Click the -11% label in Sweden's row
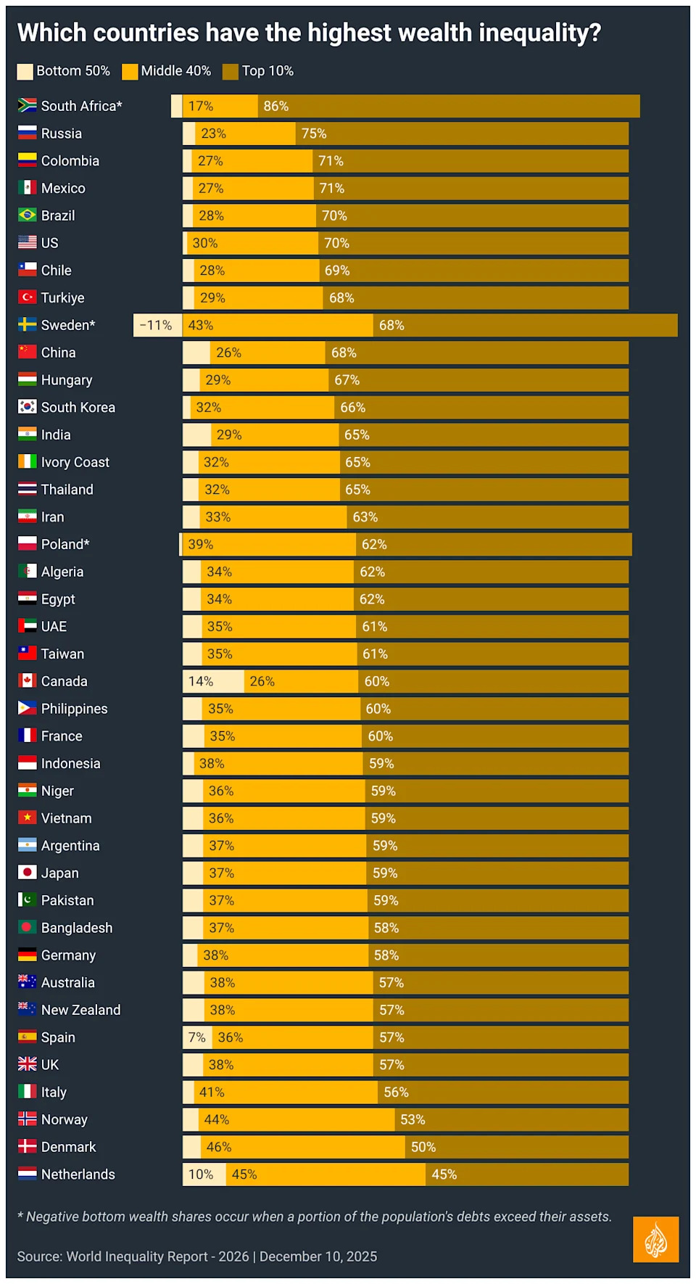pos(156,326)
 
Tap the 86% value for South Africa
pos(275,107)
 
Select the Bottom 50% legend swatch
pos(25,71)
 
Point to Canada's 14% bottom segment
pos(201,682)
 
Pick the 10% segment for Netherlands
pos(201,1174)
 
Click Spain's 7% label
pos(196,1038)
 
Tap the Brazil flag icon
pos(28,215)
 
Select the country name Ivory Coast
pos(75,463)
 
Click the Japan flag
pos(28,873)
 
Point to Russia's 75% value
pos(314,134)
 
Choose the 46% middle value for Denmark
pos(218,1148)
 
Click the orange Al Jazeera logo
pos(655,1239)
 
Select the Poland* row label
pos(65,545)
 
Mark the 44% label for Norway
pos(216,1120)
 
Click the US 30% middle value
pos(204,244)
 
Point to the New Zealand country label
pos(80,1011)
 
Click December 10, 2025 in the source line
pos(318,1256)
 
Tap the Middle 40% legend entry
pos(175,71)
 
